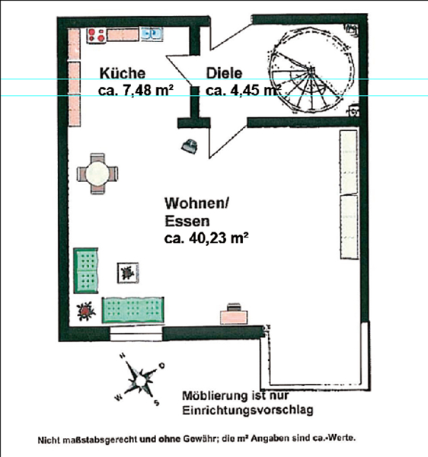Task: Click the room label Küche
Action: click(123, 73)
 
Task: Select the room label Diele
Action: click(224, 73)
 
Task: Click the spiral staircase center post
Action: click(311, 70)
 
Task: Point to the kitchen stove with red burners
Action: click(97, 36)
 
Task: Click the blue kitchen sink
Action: click(152, 34)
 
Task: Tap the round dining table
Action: click(97, 174)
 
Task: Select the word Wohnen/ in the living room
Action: click(197, 203)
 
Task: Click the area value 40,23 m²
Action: click(219, 238)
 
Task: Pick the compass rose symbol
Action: click(140, 380)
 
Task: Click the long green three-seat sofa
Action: click(133, 310)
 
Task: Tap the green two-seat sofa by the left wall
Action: click(85, 270)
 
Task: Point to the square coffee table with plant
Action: click(128, 273)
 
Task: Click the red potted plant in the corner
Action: click(86, 311)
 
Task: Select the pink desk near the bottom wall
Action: click(234, 317)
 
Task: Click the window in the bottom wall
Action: click(136, 334)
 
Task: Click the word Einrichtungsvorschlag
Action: click(248, 410)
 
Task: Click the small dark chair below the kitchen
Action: click(190, 145)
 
